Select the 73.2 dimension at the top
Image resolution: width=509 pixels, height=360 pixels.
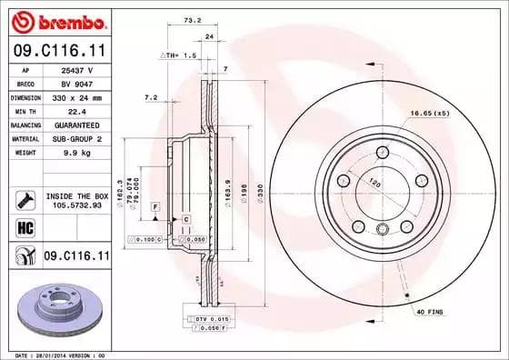pos(193,17)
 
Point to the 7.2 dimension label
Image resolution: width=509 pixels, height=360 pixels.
pos(151,96)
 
